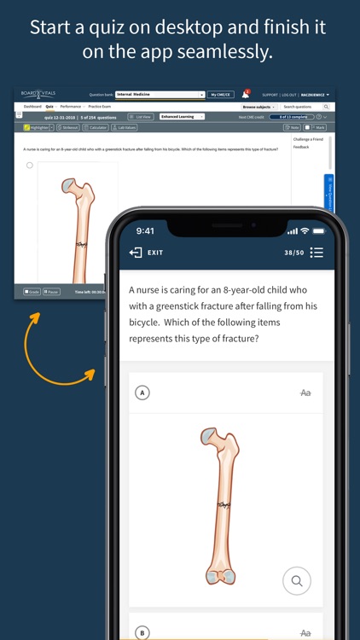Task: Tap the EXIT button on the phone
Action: [x=146, y=253]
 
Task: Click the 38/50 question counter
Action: [x=293, y=253]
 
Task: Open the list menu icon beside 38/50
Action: [x=317, y=253]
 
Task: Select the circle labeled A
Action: [x=142, y=393]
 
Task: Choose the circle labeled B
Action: [x=142, y=632]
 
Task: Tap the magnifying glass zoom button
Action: [x=296, y=581]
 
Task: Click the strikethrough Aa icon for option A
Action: [x=305, y=393]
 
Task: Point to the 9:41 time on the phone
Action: [x=146, y=231]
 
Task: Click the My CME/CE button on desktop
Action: [x=221, y=94]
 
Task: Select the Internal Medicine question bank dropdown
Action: [x=160, y=94]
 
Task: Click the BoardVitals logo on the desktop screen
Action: [x=38, y=94]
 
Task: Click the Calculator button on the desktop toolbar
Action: [x=97, y=127]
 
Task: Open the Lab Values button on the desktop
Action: [x=125, y=127]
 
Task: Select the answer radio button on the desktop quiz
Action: [x=30, y=166]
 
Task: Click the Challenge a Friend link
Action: [x=306, y=138]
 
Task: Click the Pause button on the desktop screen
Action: [x=51, y=292]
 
